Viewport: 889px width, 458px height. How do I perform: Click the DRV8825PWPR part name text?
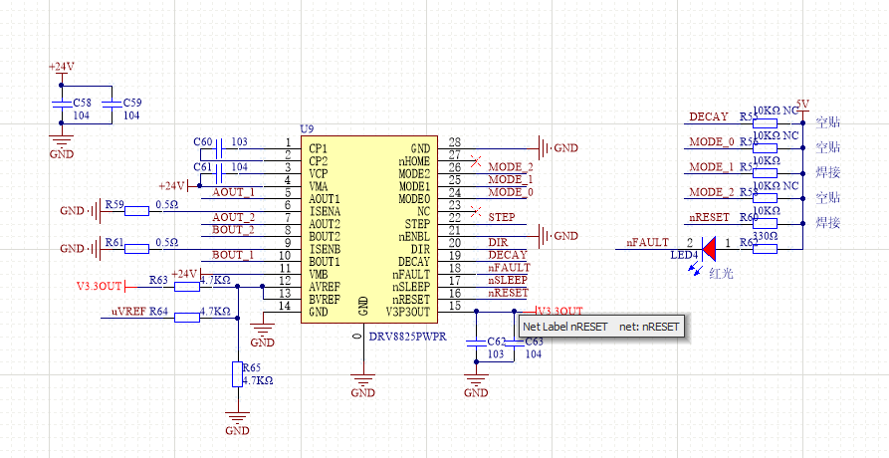pyautogui.click(x=408, y=338)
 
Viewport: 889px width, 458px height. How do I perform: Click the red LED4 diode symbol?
pyautogui.click(x=709, y=244)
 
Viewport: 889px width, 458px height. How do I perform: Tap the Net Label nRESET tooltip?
pyautogui.click(x=601, y=327)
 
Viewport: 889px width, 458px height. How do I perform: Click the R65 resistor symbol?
pyautogui.click(x=237, y=374)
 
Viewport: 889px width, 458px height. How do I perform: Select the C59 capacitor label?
pyautogui.click(x=131, y=103)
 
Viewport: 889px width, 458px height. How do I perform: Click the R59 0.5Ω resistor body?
pyautogui.click(x=129, y=210)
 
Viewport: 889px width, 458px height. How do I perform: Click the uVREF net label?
pyautogui.click(x=130, y=313)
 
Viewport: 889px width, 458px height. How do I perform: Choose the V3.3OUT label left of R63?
pyautogui.click(x=100, y=287)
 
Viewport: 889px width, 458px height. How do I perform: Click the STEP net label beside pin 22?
pyautogui.click(x=501, y=217)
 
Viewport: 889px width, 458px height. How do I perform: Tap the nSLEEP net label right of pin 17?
pyautogui.click(x=508, y=281)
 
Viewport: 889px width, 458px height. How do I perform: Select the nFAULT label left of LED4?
pyautogui.click(x=647, y=242)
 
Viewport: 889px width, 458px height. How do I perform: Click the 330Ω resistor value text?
pyautogui.click(x=766, y=236)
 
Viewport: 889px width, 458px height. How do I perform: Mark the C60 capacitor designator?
pyautogui.click(x=202, y=142)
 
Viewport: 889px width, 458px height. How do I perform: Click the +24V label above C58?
pyautogui.click(x=61, y=67)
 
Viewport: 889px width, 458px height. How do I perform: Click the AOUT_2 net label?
pyautogui.click(x=233, y=217)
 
